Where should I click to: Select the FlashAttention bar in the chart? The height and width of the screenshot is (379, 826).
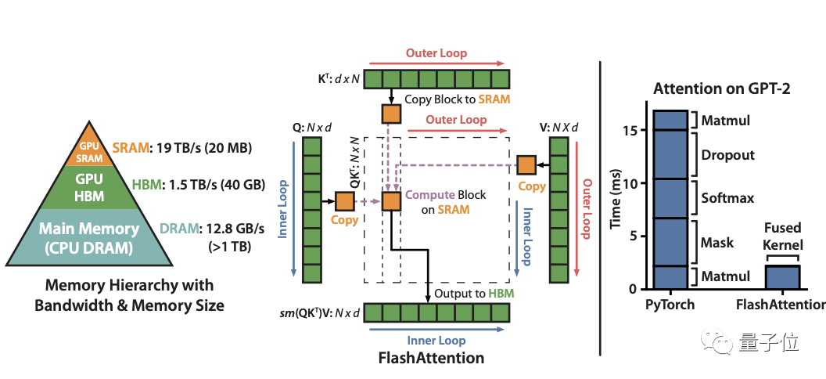782,277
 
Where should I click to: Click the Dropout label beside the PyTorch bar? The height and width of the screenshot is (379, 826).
728,155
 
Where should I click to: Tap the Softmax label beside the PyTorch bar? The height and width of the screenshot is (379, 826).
727,198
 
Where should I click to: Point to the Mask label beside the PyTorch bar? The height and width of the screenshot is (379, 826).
717,242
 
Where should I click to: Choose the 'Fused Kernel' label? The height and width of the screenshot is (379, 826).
782,236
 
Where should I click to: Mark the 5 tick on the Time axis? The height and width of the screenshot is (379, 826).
637,236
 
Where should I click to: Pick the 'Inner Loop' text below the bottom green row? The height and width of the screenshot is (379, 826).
436,340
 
